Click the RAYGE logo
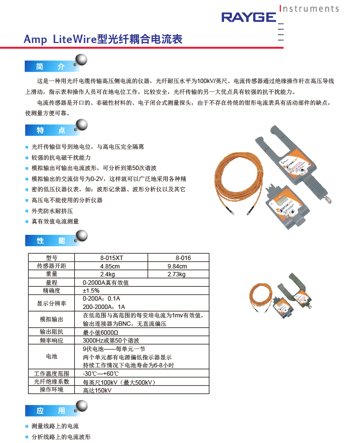[248, 18]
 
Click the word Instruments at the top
[310, 8]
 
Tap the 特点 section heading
[50, 131]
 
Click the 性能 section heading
[50, 241]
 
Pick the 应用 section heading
[50, 411]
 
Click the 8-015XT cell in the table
[111, 258]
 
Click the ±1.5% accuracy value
[91, 291]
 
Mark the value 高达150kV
[97, 390]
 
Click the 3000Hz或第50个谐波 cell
[111, 340]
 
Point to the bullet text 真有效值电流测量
[55, 221]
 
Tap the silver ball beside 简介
[81, 60]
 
